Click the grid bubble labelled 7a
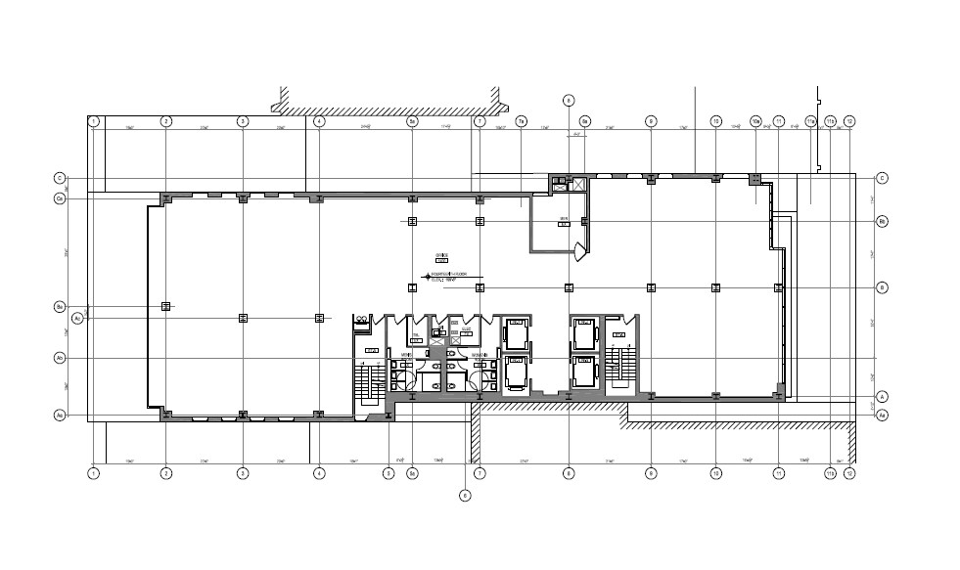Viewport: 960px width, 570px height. pos(522,121)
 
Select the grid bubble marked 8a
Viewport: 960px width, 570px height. pos(584,121)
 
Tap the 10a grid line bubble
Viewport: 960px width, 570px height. pos(755,121)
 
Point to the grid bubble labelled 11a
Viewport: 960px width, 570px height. pos(810,121)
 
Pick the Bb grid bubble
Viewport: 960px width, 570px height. pos(881,221)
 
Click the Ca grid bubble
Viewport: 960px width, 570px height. pos(60,198)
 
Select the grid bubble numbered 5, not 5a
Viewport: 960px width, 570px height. pos(389,473)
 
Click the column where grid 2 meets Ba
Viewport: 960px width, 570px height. pos(166,306)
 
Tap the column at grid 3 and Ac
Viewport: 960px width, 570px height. pos(243,318)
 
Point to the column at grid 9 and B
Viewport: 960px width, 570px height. pos(651,287)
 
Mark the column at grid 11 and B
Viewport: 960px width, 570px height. pos(778,287)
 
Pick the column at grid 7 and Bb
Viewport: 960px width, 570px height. pos(480,222)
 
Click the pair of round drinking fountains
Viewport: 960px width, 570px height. pos(362,318)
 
